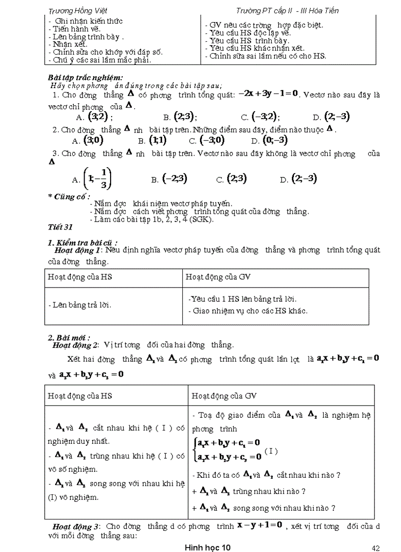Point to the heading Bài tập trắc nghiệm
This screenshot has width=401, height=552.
click(x=82, y=78)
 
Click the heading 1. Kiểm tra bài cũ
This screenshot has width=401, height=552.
click(x=82, y=242)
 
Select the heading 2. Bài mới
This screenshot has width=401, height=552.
click(x=69, y=338)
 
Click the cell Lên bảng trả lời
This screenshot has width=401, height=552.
click(x=79, y=305)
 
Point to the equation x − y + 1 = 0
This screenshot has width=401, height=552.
click(x=259, y=525)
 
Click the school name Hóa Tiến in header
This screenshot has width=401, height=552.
click(x=322, y=10)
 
